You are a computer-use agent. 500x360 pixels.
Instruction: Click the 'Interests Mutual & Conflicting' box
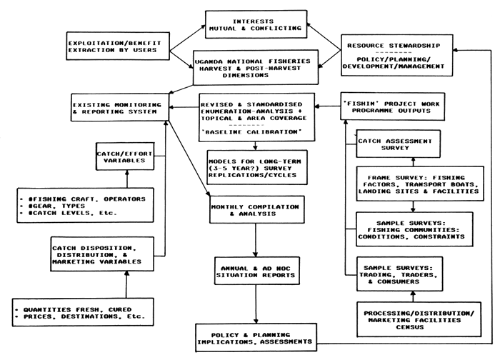[256, 24]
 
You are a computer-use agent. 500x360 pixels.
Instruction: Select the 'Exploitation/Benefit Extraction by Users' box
[118, 46]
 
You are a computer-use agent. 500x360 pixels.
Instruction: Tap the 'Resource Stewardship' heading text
[394, 46]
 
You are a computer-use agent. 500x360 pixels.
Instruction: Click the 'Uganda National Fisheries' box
[256, 67]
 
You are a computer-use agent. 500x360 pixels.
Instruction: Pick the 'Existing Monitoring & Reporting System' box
[119, 107]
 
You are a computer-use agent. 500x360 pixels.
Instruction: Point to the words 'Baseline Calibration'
[251, 132]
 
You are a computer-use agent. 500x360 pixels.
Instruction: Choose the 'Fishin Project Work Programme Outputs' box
[393, 107]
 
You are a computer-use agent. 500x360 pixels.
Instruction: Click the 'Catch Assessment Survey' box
[399, 144]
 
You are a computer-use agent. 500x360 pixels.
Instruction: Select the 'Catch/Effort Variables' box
[125, 156]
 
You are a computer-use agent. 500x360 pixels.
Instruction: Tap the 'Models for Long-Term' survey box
[257, 168]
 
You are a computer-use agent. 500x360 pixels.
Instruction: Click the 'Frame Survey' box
[420, 184]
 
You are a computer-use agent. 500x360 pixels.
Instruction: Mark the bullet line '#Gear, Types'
[53, 206]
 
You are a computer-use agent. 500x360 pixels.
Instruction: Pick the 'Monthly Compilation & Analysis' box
[257, 210]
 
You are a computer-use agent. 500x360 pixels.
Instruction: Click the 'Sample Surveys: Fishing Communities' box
[414, 229]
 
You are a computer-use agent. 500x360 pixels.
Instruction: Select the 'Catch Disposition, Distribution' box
[102, 254]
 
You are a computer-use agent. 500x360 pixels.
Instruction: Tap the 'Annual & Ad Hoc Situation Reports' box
[257, 271]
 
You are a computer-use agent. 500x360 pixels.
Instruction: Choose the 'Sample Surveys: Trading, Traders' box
[399, 274]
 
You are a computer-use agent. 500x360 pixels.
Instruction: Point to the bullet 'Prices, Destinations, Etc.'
[81, 316]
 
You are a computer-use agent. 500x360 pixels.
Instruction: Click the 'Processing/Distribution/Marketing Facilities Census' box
[419, 320]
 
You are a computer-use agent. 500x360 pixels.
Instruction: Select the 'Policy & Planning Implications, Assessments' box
[256, 338]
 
